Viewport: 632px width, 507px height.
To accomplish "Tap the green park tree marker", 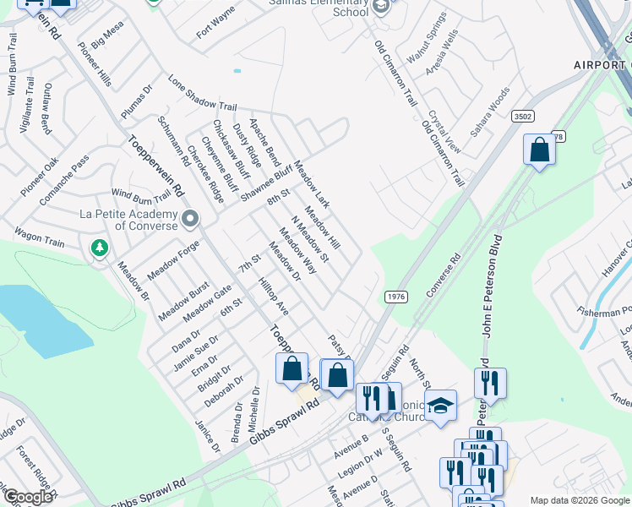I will [x=100, y=248].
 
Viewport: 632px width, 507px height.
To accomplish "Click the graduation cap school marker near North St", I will [x=440, y=406].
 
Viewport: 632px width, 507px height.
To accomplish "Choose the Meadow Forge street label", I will [x=172, y=261].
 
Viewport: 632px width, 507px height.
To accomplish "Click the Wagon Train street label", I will [x=38, y=237].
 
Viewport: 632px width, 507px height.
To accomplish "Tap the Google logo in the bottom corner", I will [x=27, y=497].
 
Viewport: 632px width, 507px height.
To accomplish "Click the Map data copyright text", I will [x=579, y=499].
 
